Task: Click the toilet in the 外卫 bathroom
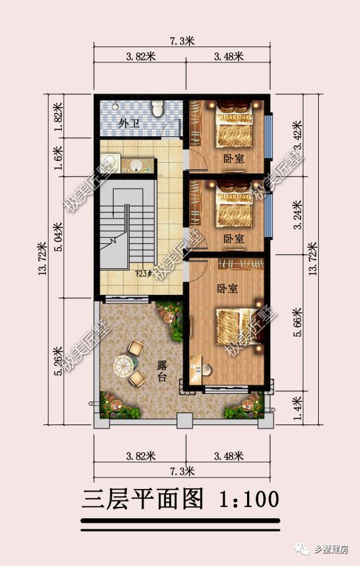click(157, 108)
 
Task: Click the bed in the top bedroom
click(234, 129)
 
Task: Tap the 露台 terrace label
click(162, 371)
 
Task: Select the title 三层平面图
click(142, 499)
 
